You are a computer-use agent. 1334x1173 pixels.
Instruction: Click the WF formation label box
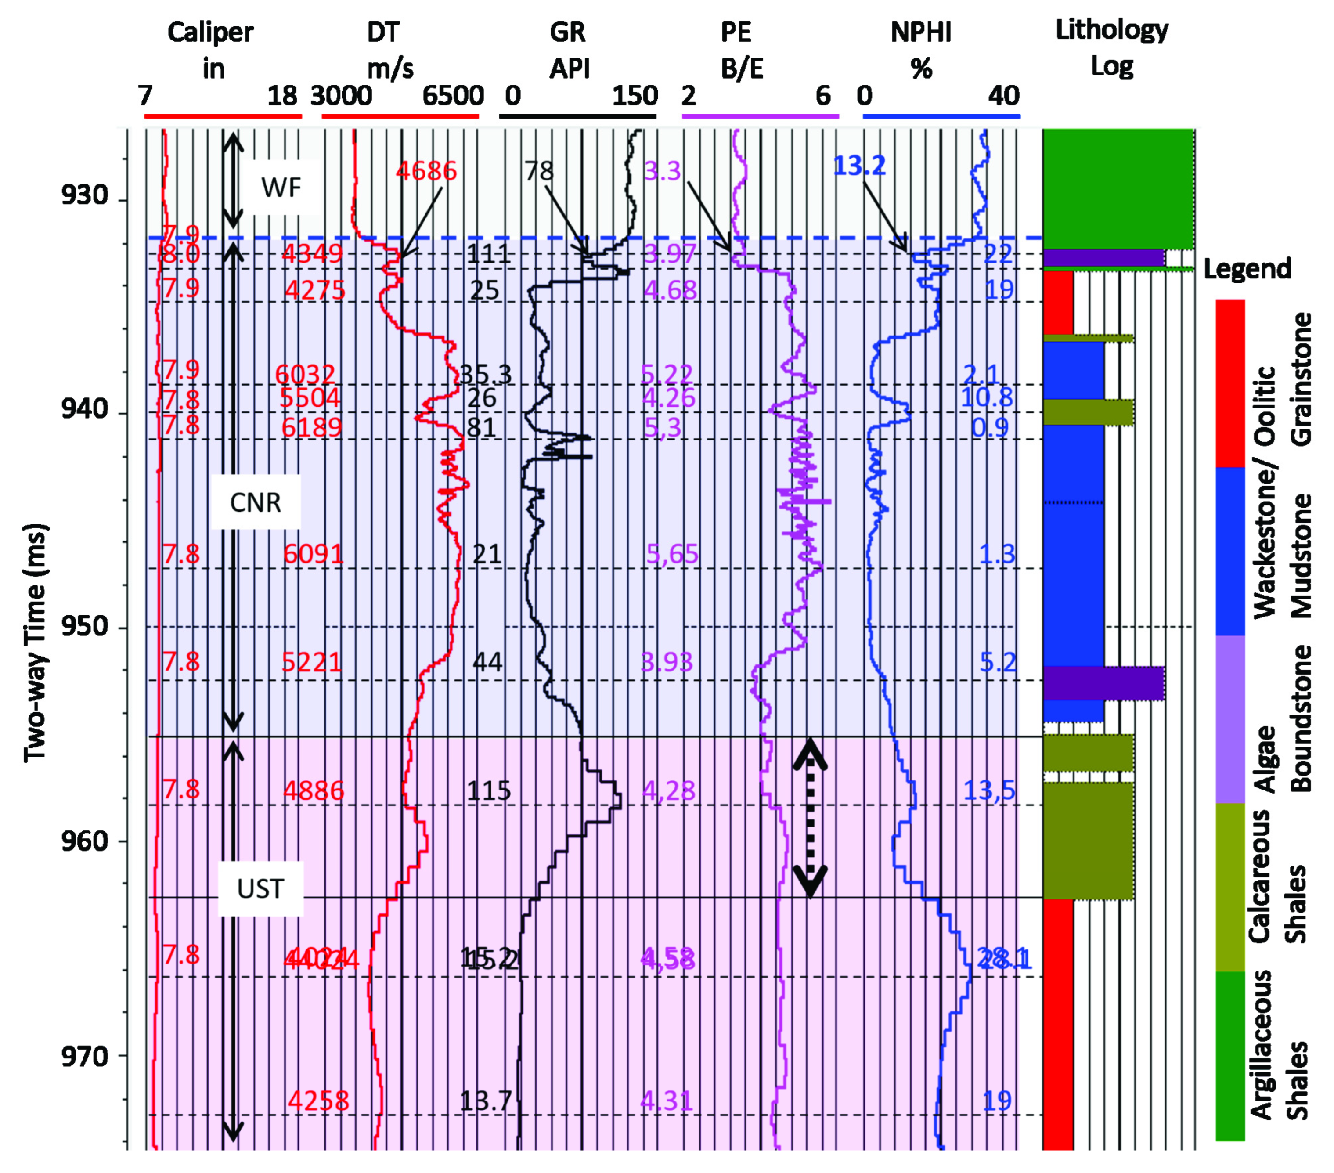[x=281, y=188]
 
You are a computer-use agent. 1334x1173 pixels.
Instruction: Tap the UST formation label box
[x=260, y=888]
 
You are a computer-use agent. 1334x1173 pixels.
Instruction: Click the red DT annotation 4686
[x=426, y=171]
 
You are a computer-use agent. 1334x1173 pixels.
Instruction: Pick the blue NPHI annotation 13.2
[x=859, y=166]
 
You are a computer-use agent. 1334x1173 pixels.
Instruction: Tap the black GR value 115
[x=488, y=791]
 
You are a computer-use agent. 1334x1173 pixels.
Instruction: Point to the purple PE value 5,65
[x=672, y=554]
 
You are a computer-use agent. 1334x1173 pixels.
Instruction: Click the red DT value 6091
[x=313, y=554]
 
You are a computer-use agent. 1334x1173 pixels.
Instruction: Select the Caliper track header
[x=211, y=50]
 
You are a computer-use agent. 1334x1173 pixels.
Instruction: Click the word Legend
[x=1247, y=268]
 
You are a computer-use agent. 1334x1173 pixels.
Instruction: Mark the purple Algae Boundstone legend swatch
[x=1230, y=718]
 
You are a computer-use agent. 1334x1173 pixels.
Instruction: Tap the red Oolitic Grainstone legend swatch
[x=1230, y=383]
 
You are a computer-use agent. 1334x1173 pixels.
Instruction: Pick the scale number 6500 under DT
[x=453, y=96]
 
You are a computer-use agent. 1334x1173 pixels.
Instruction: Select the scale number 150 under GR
[x=635, y=96]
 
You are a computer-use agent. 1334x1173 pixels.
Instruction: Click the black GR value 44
[x=487, y=662]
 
